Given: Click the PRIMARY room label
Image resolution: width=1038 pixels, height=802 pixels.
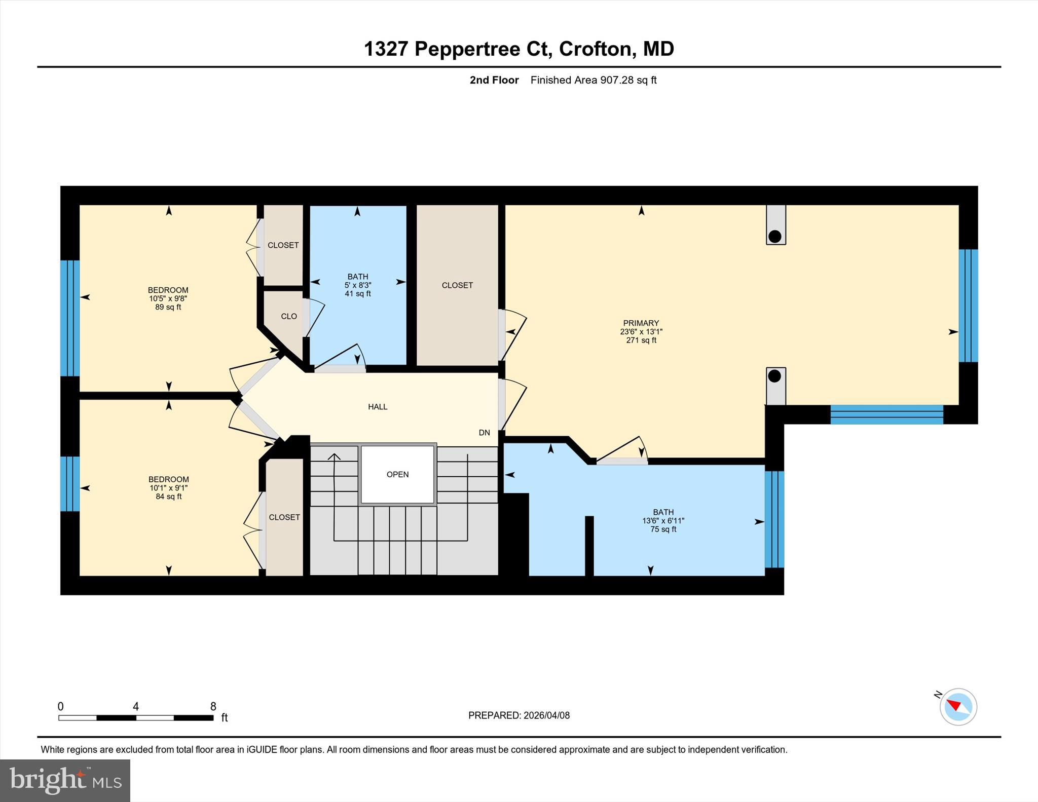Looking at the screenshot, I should (x=641, y=323).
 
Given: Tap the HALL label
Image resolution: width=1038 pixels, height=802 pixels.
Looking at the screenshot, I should (x=378, y=407).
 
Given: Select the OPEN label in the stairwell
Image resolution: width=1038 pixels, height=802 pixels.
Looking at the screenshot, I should (x=397, y=475).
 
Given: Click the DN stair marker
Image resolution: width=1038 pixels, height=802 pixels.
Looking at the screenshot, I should (x=484, y=433).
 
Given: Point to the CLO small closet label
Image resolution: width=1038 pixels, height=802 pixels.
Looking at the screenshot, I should (x=289, y=316).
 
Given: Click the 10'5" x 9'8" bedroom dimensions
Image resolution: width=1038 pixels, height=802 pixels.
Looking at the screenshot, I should (x=168, y=299).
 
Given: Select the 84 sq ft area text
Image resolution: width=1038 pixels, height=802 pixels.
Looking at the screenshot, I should (x=168, y=497).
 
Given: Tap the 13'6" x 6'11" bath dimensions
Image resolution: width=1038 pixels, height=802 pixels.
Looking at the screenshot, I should (x=663, y=521).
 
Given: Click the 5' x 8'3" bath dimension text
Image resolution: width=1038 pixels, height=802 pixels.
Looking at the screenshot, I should (x=358, y=285).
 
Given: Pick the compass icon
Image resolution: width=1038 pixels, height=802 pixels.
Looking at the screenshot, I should (x=958, y=707).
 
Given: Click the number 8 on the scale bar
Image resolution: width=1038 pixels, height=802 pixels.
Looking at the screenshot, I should (x=213, y=706).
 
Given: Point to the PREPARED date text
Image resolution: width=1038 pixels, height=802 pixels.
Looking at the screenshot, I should (x=518, y=715).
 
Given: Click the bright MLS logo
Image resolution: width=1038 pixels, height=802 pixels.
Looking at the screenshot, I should (x=65, y=780).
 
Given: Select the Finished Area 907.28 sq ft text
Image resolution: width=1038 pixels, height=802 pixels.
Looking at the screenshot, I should (x=593, y=80).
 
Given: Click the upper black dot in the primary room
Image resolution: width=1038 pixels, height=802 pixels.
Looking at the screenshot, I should (x=774, y=236).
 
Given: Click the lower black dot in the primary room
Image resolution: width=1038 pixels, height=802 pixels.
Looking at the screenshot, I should (x=774, y=376).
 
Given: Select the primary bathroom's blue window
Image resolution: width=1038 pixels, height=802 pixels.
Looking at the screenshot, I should (x=774, y=519).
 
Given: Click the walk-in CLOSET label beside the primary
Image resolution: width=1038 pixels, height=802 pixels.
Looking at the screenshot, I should (x=457, y=285).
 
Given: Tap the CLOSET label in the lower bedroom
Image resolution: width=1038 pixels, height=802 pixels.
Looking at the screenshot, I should (x=284, y=517).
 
